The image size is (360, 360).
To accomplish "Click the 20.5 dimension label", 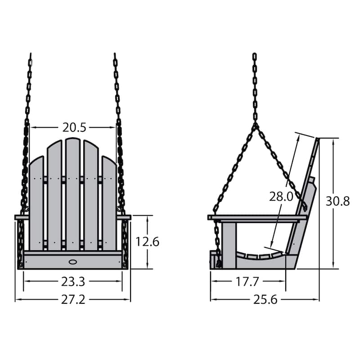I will [74, 127].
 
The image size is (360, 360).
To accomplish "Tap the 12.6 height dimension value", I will [148, 242].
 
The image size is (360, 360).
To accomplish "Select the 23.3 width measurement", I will [73, 282].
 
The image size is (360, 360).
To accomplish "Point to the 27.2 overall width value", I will [73, 300].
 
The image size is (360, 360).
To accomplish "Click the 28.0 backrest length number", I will [281, 197].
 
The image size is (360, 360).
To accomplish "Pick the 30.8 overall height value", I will [337, 201].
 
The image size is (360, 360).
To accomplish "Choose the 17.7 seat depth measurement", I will [247, 282].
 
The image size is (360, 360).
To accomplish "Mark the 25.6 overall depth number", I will [265, 300].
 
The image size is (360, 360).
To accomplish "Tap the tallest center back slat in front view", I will [72, 193].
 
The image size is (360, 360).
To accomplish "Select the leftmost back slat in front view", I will [36, 202].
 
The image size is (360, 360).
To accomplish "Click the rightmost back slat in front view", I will [109, 202].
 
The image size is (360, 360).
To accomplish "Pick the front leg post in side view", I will [229, 243].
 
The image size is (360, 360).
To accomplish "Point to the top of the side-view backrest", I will [316, 140].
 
